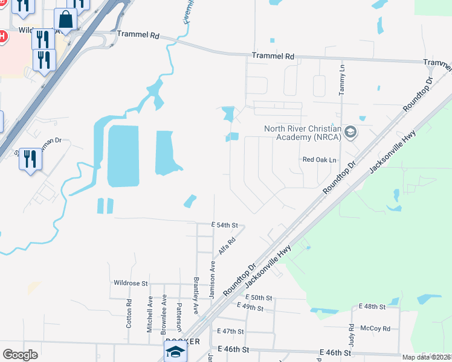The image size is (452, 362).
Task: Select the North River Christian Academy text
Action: [303, 132]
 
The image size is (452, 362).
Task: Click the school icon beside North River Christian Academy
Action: [350, 132]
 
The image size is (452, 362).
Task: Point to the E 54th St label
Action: [222, 224]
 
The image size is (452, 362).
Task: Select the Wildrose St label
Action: [131, 282]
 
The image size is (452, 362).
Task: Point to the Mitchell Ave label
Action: [150, 313]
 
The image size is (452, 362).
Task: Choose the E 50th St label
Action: [259, 298]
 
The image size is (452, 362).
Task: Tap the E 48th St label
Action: [372, 306]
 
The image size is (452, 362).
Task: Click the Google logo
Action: [20, 355]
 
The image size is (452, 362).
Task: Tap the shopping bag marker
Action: [66, 21]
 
